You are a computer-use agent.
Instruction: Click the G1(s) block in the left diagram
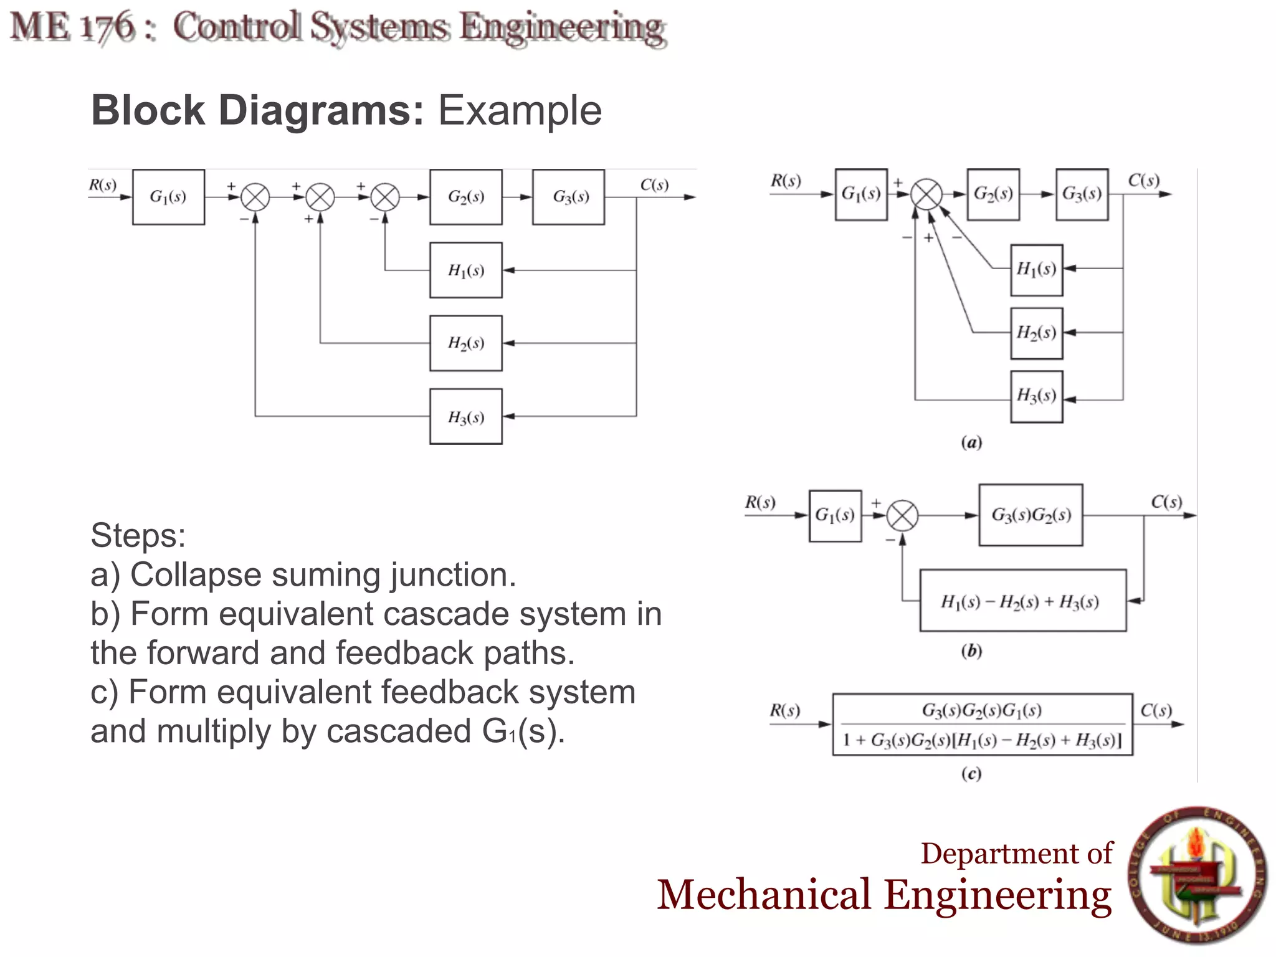(x=168, y=197)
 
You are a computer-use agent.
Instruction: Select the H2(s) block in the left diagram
(x=465, y=343)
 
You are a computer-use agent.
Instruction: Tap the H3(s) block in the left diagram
(x=465, y=417)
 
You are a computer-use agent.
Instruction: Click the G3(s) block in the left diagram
(x=568, y=197)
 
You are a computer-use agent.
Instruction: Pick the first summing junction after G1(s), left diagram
(x=255, y=198)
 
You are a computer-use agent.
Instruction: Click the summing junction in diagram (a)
(x=926, y=194)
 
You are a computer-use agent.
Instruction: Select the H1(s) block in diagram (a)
(x=1036, y=270)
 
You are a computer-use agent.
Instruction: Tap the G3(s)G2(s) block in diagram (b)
(x=1031, y=515)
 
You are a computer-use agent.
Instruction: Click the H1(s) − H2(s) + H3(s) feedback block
(x=1022, y=601)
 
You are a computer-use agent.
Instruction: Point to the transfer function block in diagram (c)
(x=983, y=725)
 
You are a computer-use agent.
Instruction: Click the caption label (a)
(x=971, y=443)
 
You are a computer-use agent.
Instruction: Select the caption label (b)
(x=971, y=652)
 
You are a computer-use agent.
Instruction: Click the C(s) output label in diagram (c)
(x=1156, y=710)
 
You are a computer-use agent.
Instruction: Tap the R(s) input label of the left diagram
(x=103, y=185)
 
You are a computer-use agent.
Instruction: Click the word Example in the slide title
(x=520, y=111)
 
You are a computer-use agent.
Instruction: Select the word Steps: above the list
(x=138, y=535)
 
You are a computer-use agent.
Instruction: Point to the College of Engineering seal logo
(x=1198, y=876)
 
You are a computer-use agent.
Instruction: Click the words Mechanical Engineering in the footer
(x=884, y=895)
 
